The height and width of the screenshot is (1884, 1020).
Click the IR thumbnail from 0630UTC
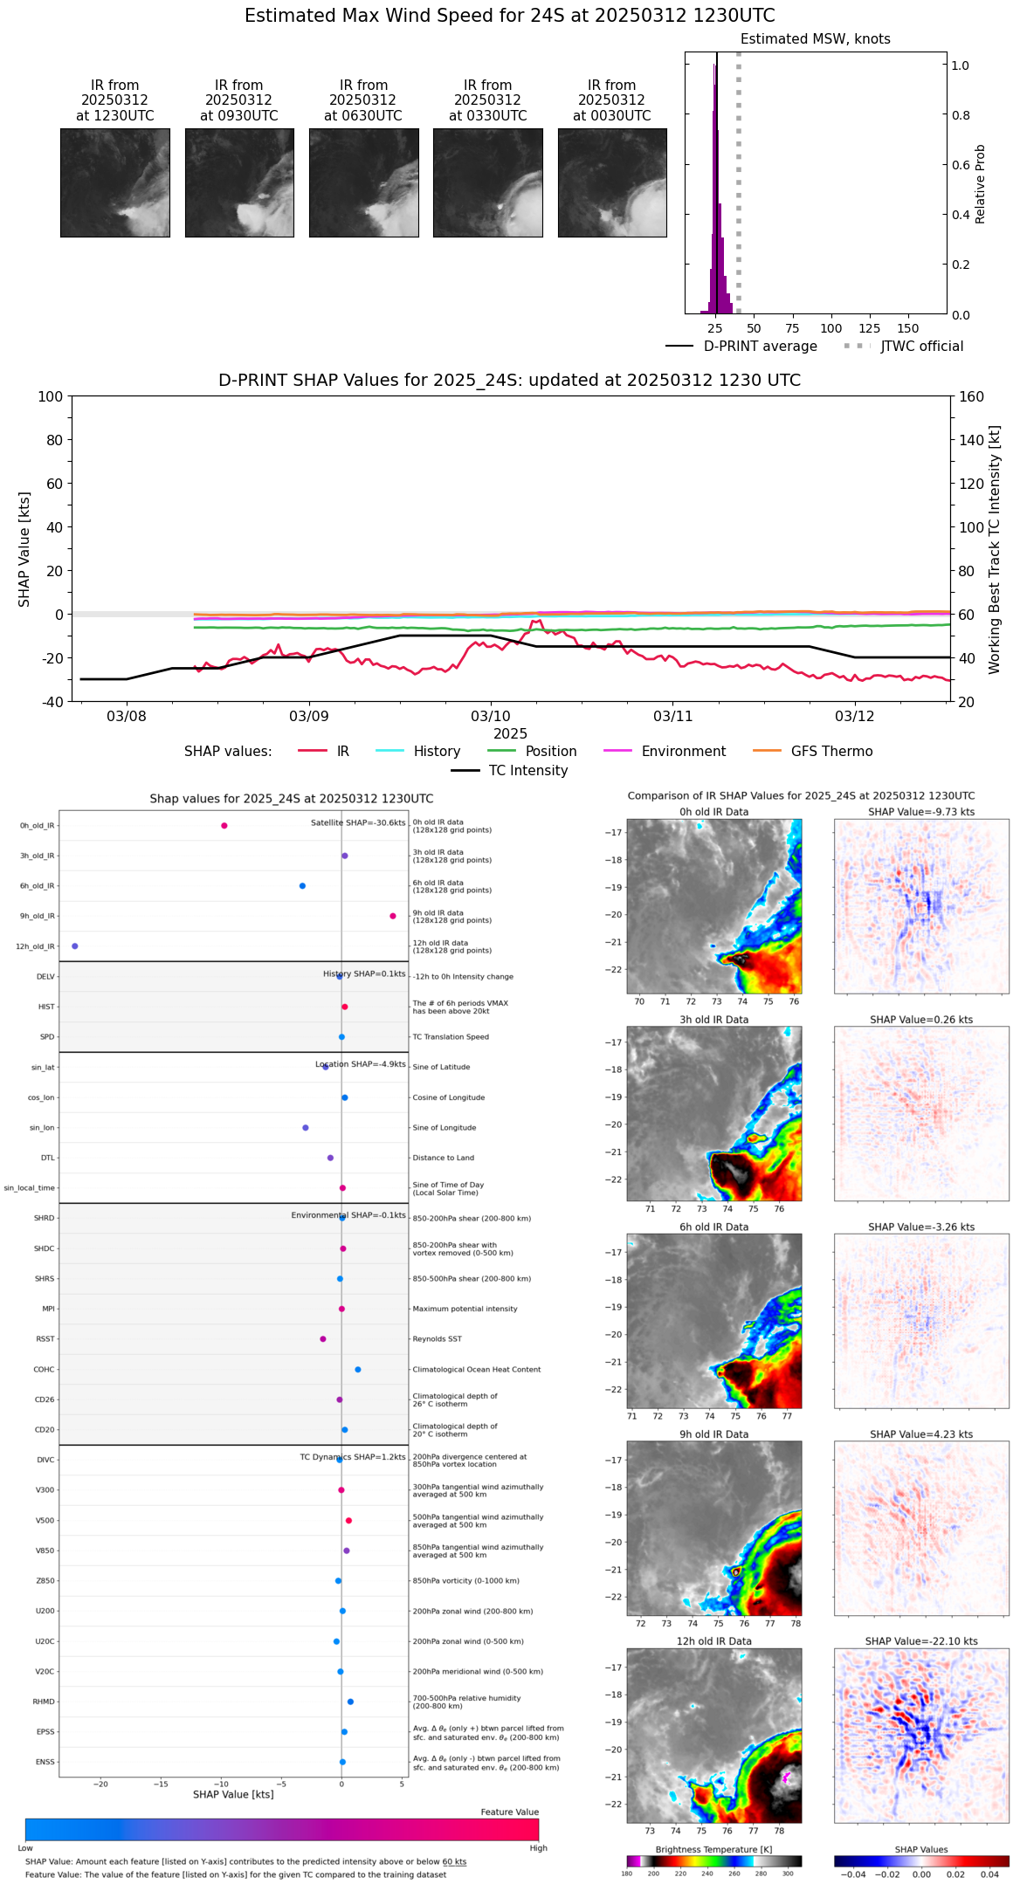click(363, 182)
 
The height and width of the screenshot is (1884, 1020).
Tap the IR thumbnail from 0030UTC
click(612, 182)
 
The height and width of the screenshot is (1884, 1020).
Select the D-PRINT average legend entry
click(760, 347)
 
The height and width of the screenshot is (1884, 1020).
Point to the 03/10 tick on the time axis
click(491, 716)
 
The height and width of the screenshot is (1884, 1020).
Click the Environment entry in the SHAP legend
click(683, 752)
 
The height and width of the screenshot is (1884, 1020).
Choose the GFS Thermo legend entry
click(831, 752)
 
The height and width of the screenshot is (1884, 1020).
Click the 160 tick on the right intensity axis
click(971, 396)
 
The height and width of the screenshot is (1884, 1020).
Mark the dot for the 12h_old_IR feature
click(75, 946)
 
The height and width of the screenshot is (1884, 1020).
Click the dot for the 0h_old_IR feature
click(224, 826)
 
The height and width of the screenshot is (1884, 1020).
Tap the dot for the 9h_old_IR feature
click(393, 916)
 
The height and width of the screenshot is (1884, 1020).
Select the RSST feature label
click(45, 1339)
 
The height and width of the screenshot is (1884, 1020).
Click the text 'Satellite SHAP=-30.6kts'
click(358, 823)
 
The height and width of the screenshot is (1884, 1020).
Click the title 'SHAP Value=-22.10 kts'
click(921, 1641)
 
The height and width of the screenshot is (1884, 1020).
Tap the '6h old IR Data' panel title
click(713, 1227)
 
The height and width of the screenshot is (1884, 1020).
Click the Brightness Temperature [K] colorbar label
click(713, 1849)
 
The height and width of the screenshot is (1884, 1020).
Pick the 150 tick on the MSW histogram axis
click(908, 328)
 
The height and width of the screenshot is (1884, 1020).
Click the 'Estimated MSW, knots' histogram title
click(816, 39)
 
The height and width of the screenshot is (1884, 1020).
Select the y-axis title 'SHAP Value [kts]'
click(24, 549)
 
